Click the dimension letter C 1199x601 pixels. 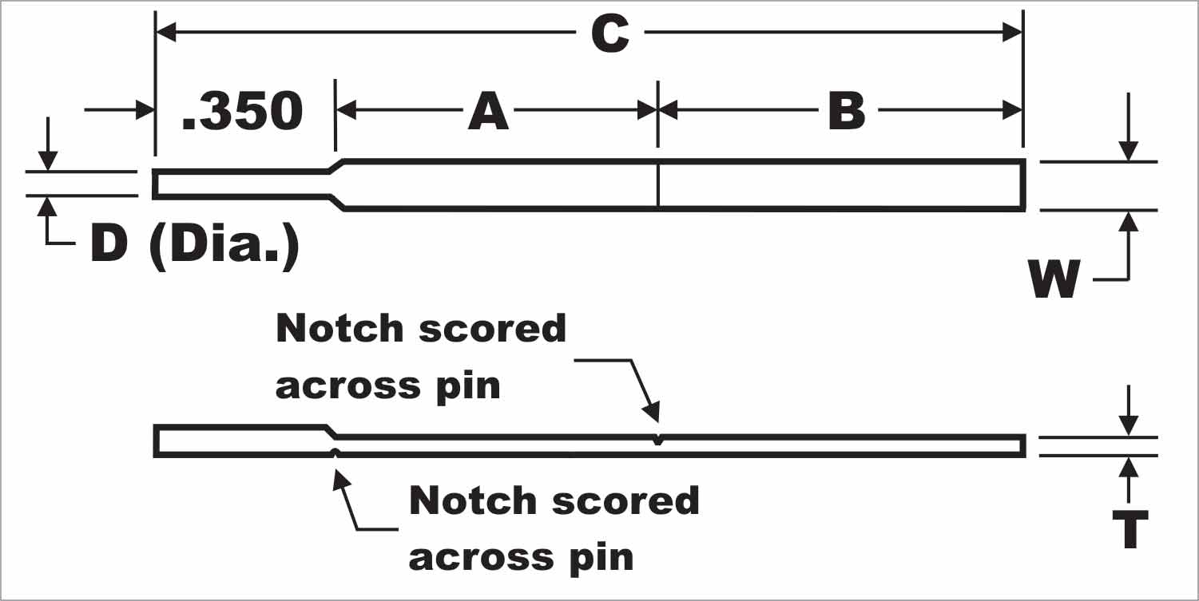tap(609, 34)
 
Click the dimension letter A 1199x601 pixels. tap(488, 112)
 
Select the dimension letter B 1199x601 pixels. tap(847, 112)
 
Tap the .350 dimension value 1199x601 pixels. tap(243, 112)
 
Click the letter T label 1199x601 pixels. tap(1130, 529)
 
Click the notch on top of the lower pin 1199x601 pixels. tap(657, 440)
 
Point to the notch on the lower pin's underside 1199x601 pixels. tap(336, 453)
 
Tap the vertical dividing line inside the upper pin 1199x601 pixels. tap(657, 185)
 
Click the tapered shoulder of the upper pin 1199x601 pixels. tap(337, 184)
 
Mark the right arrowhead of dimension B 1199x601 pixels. tap(1013, 111)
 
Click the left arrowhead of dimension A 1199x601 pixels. tap(346, 111)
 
